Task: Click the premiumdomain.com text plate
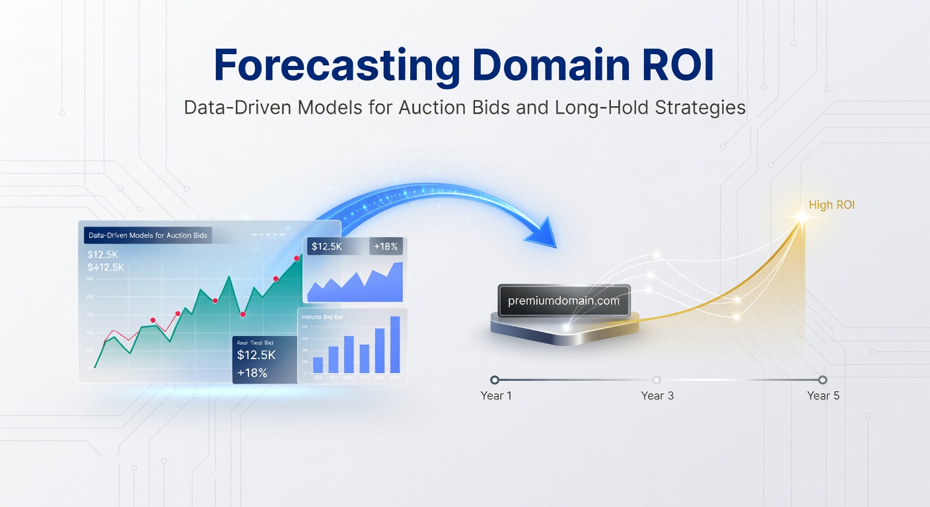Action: pyautogui.click(x=563, y=301)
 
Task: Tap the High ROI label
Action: pyautogui.click(x=832, y=205)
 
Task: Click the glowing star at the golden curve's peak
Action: pyautogui.click(x=802, y=217)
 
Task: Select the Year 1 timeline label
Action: pyautogui.click(x=496, y=395)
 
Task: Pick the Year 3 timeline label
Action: pyautogui.click(x=657, y=395)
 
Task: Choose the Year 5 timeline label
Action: pyautogui.click(x=823, y=395)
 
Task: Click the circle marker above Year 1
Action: pyautogui.click(x=495, y=380)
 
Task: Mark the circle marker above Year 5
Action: pyautogui.click(x=822, y=380)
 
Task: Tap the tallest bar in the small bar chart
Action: pyautogui.click(x=395, y=345)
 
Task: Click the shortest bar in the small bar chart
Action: pyautogui.click(x=318, y=365)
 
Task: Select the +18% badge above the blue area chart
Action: pyautogui.click(x=385, y=246)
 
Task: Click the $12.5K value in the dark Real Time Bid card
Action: pyautogui.click(x=256, y=355)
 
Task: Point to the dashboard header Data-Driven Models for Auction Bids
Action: pyautogui.click(x=147, y=235)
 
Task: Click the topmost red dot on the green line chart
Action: pyautogui.click(x=297, y=258)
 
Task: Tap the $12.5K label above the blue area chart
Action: pyautogui.click(x=326, y=246)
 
